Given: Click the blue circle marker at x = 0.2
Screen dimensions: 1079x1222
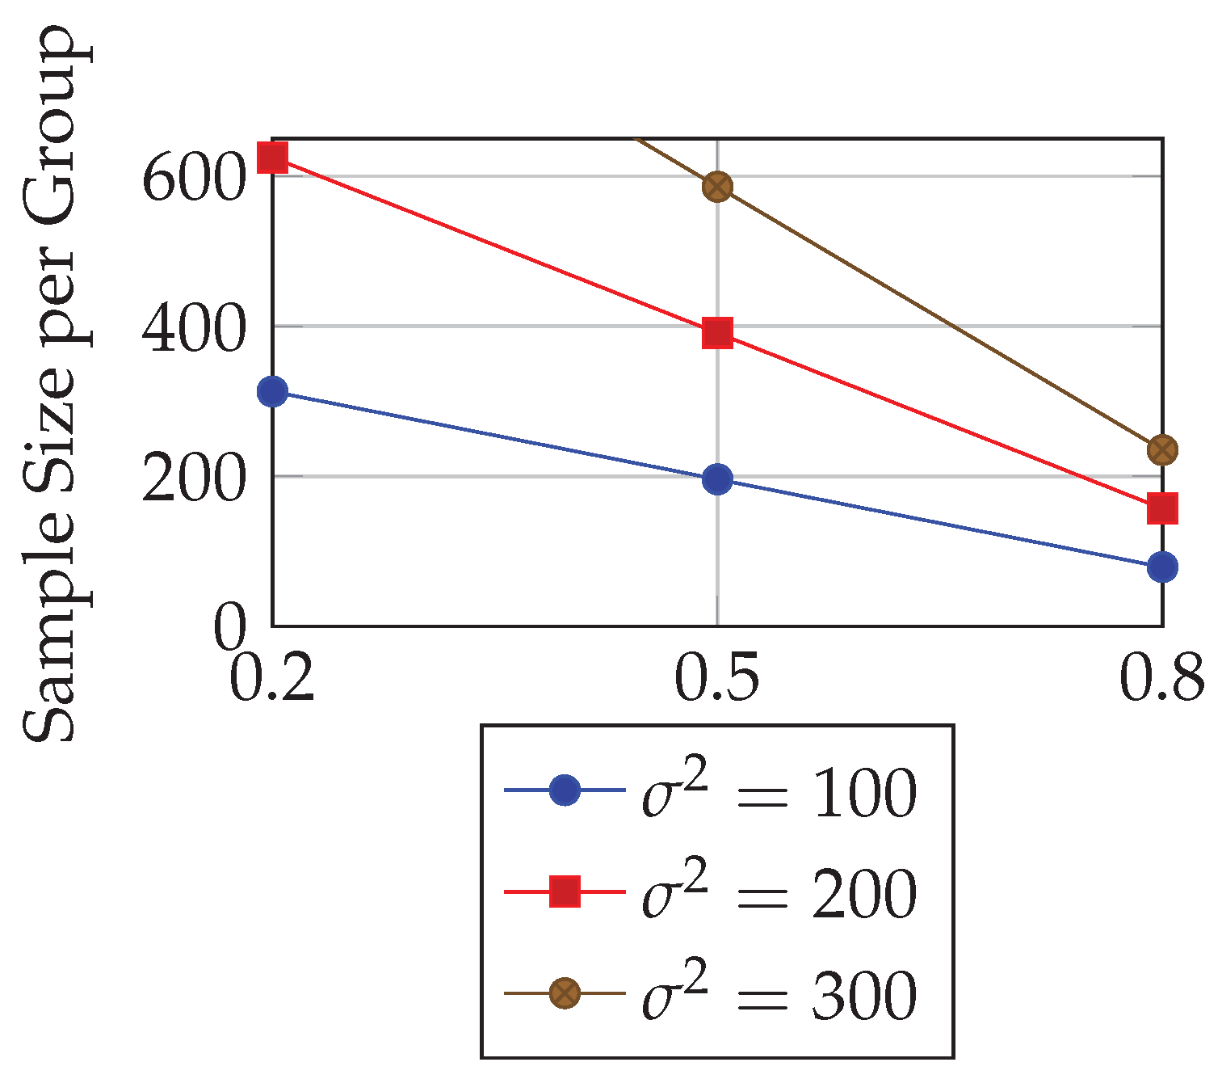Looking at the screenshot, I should coord(272,392).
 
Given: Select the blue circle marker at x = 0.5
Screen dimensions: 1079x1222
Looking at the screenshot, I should coord(717,479).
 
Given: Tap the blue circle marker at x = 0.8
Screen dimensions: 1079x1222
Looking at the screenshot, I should coord(1161,567).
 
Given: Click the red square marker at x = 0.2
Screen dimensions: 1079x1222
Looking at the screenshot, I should coord(272,157).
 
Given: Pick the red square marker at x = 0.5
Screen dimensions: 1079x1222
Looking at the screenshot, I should coord(717,332).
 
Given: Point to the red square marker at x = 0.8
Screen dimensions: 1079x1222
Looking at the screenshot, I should coord(1161,508).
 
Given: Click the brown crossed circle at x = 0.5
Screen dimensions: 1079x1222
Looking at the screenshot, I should coord(717,187).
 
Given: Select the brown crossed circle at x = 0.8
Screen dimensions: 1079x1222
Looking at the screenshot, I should coord(1161,449).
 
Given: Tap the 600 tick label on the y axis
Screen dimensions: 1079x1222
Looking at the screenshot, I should coord(193,179).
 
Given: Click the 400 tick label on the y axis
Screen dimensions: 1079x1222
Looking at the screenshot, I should coord(193,329).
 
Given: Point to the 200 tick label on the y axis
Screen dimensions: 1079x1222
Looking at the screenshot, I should coord(193,479).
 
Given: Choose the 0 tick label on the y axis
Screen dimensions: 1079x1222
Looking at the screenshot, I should coord(229,628).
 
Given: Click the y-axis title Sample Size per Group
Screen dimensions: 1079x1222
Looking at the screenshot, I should coord(57,384).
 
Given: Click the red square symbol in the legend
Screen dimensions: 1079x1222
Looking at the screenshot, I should coord(565,891).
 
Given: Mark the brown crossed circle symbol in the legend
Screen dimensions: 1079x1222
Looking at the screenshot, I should coord(565,993).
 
